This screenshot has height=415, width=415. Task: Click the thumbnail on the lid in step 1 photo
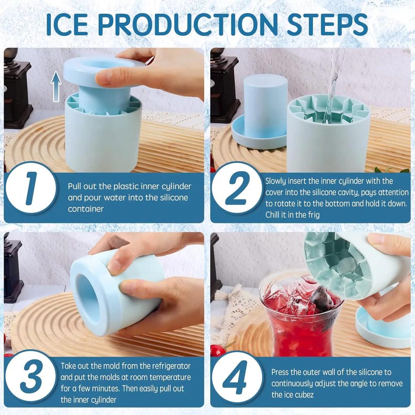point(103,77)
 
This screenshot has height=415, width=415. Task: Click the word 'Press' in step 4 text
point(280,372)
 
